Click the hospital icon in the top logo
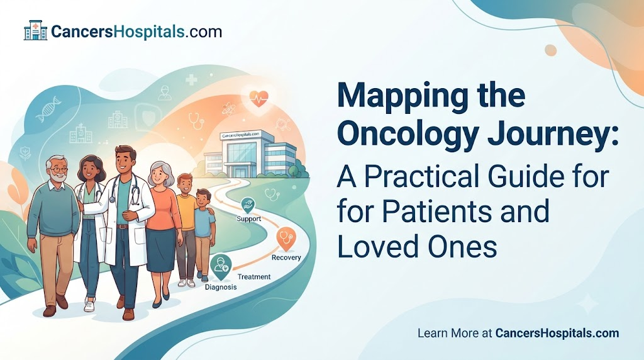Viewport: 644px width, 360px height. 36,30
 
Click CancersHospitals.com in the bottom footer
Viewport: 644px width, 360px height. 557,333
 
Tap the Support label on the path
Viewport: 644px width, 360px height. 249,218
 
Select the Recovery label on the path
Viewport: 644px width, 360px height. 286,257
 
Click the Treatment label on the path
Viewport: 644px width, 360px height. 254,276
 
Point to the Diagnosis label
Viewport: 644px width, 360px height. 221,287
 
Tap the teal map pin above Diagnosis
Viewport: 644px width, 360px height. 221,267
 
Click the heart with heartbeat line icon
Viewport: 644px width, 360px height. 258,99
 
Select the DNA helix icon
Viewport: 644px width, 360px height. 48,109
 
